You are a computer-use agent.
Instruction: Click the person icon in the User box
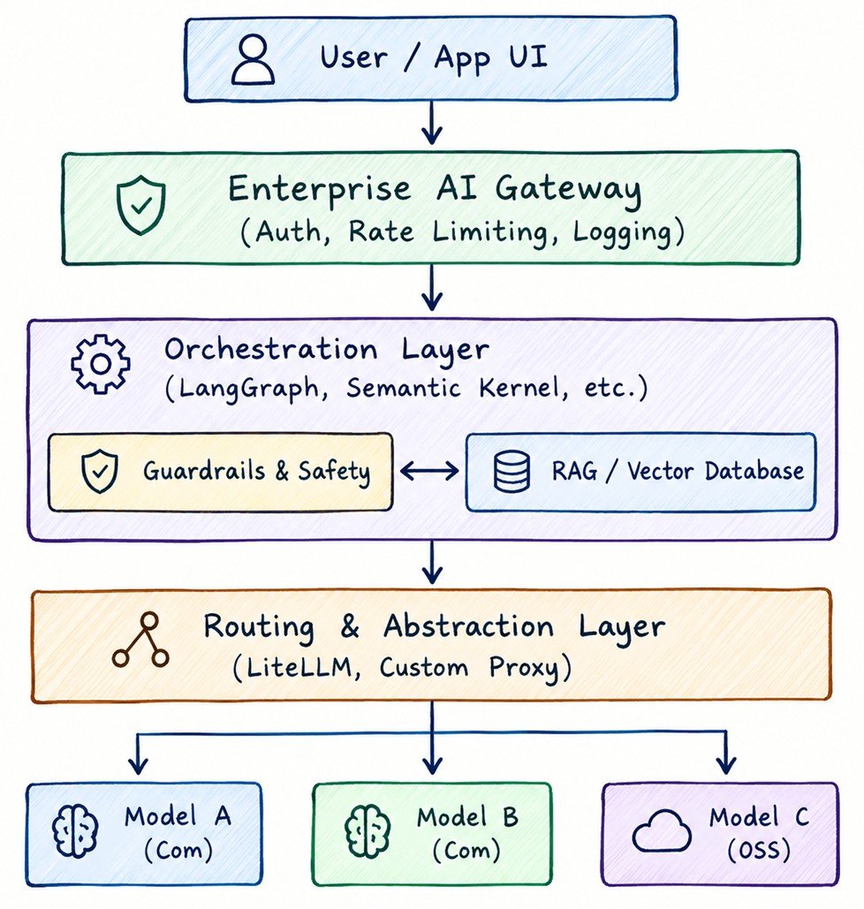click(x=253, y=59)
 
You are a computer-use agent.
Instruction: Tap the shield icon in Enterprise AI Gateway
click(x=140, y=206)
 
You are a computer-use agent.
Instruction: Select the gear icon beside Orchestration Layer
click(x=101, y=364)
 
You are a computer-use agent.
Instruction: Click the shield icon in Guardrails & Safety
click(x=100, y=472)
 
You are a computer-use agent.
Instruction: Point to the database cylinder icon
click(x=512, y=472)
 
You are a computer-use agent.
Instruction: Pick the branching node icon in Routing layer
click(x=140, y=640)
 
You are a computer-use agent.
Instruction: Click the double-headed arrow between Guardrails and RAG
click(x=429, y=471)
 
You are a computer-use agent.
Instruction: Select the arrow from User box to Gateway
click(x=431, y=123)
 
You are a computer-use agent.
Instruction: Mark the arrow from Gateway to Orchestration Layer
click(x=431, y=288)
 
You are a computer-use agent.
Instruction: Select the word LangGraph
click(x=248, y=387)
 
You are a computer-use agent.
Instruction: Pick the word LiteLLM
click(x=299, y=667)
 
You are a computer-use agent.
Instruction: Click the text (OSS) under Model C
click(x=759, y=850)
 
